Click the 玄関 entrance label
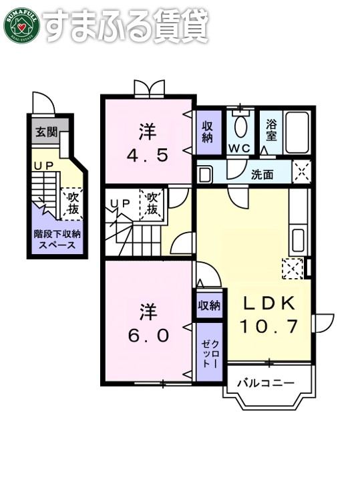click(45, 131)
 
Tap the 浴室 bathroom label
click(271, 129)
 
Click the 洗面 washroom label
click(262, 175)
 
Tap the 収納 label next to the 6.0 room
click(208, 306)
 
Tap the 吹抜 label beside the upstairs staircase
click(152, 205)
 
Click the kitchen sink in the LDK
click(299, 239)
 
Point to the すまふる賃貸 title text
click(128, 25)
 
